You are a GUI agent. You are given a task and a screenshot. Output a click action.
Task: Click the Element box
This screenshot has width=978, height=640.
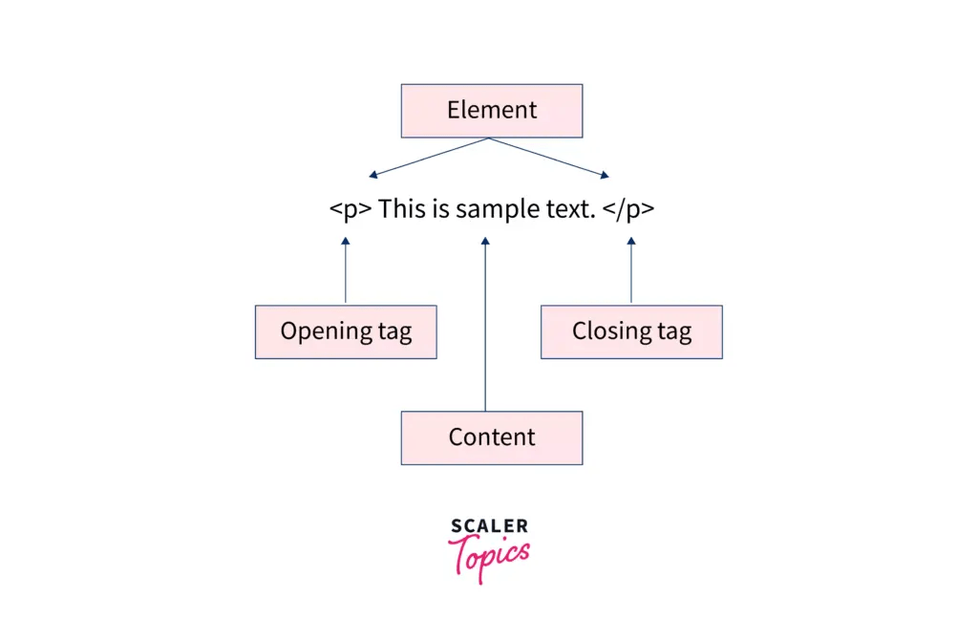(491, 111)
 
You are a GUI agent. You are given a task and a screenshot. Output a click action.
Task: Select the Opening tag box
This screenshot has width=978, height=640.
(346, 331)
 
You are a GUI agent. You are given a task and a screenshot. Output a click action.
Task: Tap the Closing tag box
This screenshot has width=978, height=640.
(631, 331)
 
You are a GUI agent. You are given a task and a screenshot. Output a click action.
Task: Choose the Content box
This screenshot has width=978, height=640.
(491, 437)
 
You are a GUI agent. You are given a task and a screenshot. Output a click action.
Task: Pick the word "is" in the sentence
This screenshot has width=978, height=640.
(437, 208)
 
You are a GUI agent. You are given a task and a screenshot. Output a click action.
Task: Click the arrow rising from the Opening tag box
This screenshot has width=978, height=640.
(346, 272)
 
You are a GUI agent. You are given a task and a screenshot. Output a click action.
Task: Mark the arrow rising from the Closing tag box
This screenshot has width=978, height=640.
(630, 272)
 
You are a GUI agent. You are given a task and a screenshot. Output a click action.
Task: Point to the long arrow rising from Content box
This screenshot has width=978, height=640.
(485, 325)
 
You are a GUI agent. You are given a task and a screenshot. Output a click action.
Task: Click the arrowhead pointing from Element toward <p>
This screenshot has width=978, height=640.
(373, 175)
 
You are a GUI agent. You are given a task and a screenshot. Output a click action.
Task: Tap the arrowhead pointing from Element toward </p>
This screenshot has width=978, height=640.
(604, 175)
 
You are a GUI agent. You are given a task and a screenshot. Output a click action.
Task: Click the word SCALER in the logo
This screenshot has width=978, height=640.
(489, 525)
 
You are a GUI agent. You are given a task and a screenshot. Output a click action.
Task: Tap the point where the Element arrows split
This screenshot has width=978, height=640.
(489, 139)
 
